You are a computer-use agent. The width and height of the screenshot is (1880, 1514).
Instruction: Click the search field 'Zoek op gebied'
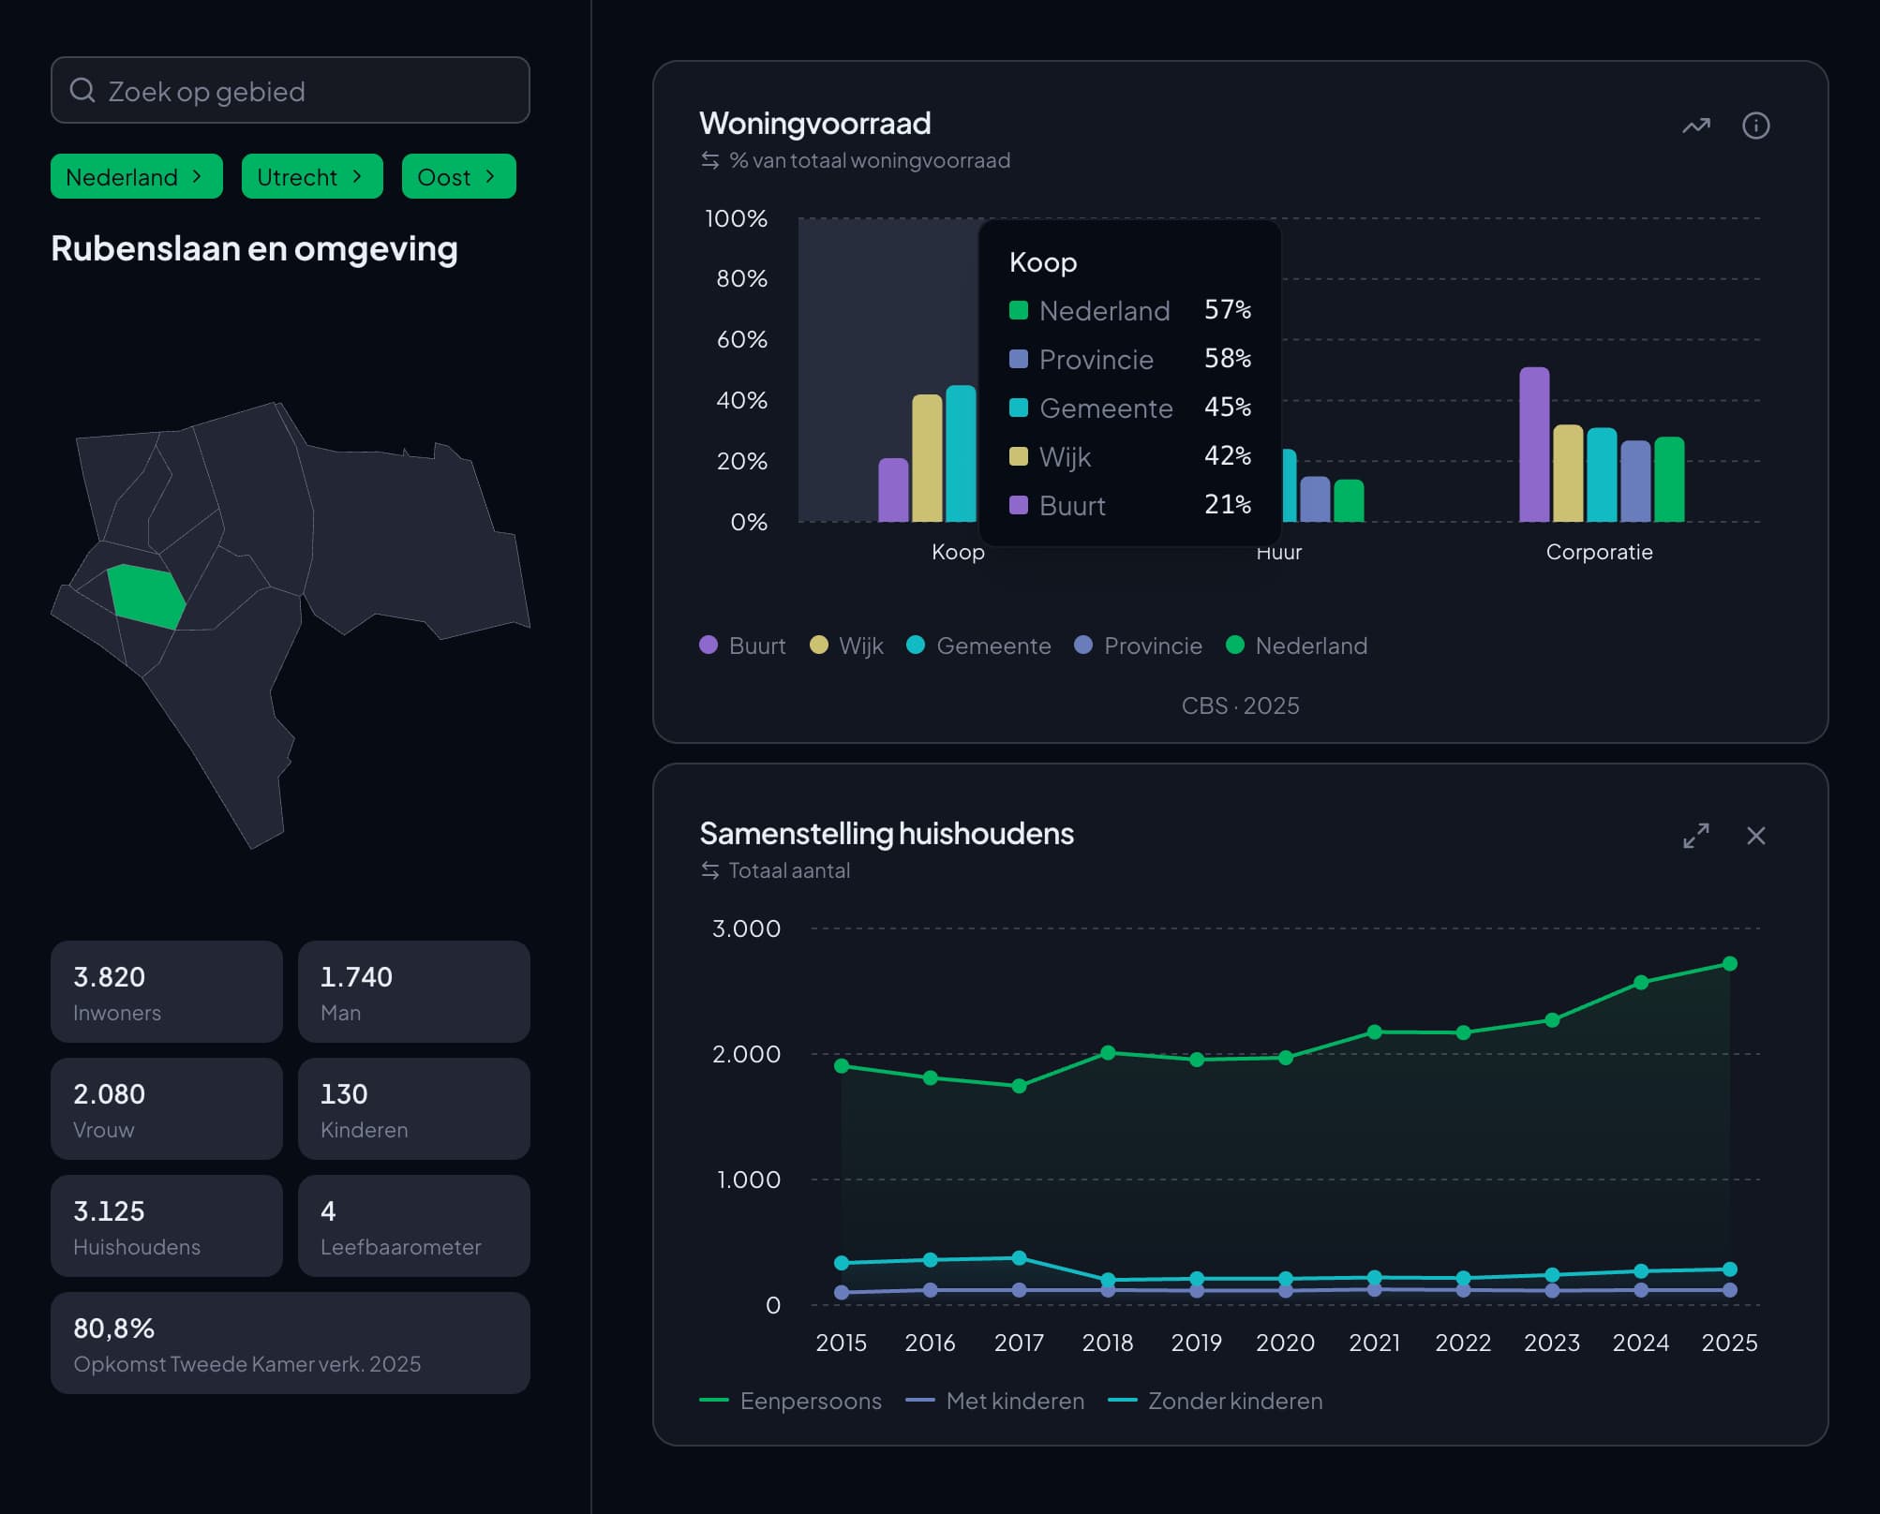(290, 90)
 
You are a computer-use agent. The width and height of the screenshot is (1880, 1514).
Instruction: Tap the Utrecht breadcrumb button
(312, 176)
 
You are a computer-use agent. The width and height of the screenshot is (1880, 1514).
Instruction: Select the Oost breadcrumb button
(458, 176)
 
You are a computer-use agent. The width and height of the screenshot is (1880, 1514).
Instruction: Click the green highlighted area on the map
(146, 596)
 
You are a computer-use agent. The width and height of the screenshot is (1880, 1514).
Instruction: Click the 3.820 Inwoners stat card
(167, 991)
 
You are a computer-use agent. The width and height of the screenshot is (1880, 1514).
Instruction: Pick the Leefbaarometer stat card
(414, 1225)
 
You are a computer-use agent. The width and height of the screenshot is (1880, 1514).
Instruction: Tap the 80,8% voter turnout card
(291, 1343)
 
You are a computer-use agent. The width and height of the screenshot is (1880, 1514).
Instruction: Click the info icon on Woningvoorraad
(1755, 126)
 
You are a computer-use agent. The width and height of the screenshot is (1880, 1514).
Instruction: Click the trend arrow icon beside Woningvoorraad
(1696, 126)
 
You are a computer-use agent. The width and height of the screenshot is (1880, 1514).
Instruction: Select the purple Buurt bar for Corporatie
(1534, 444)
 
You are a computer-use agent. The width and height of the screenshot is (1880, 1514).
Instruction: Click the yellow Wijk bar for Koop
(927, 458)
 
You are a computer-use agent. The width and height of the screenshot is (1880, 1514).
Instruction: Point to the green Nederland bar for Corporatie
(1669, 479)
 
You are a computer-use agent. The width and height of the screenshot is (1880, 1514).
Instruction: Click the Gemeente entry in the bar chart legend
(978, 646)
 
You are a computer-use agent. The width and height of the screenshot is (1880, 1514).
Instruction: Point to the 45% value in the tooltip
(1228, 407)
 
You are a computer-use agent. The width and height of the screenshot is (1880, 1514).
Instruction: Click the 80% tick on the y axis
(741, 278)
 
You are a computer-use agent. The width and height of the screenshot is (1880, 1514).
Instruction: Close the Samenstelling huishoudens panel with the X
(1756, 836)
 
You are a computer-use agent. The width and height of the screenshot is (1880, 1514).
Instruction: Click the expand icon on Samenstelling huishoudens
(1696, 836)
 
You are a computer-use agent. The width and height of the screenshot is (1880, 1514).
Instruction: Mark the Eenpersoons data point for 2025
(1730, 963)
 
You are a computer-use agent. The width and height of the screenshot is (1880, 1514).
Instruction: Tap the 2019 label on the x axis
(1196, 1343)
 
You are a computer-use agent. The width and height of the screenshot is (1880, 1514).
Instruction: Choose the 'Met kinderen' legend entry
(995, 1401)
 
